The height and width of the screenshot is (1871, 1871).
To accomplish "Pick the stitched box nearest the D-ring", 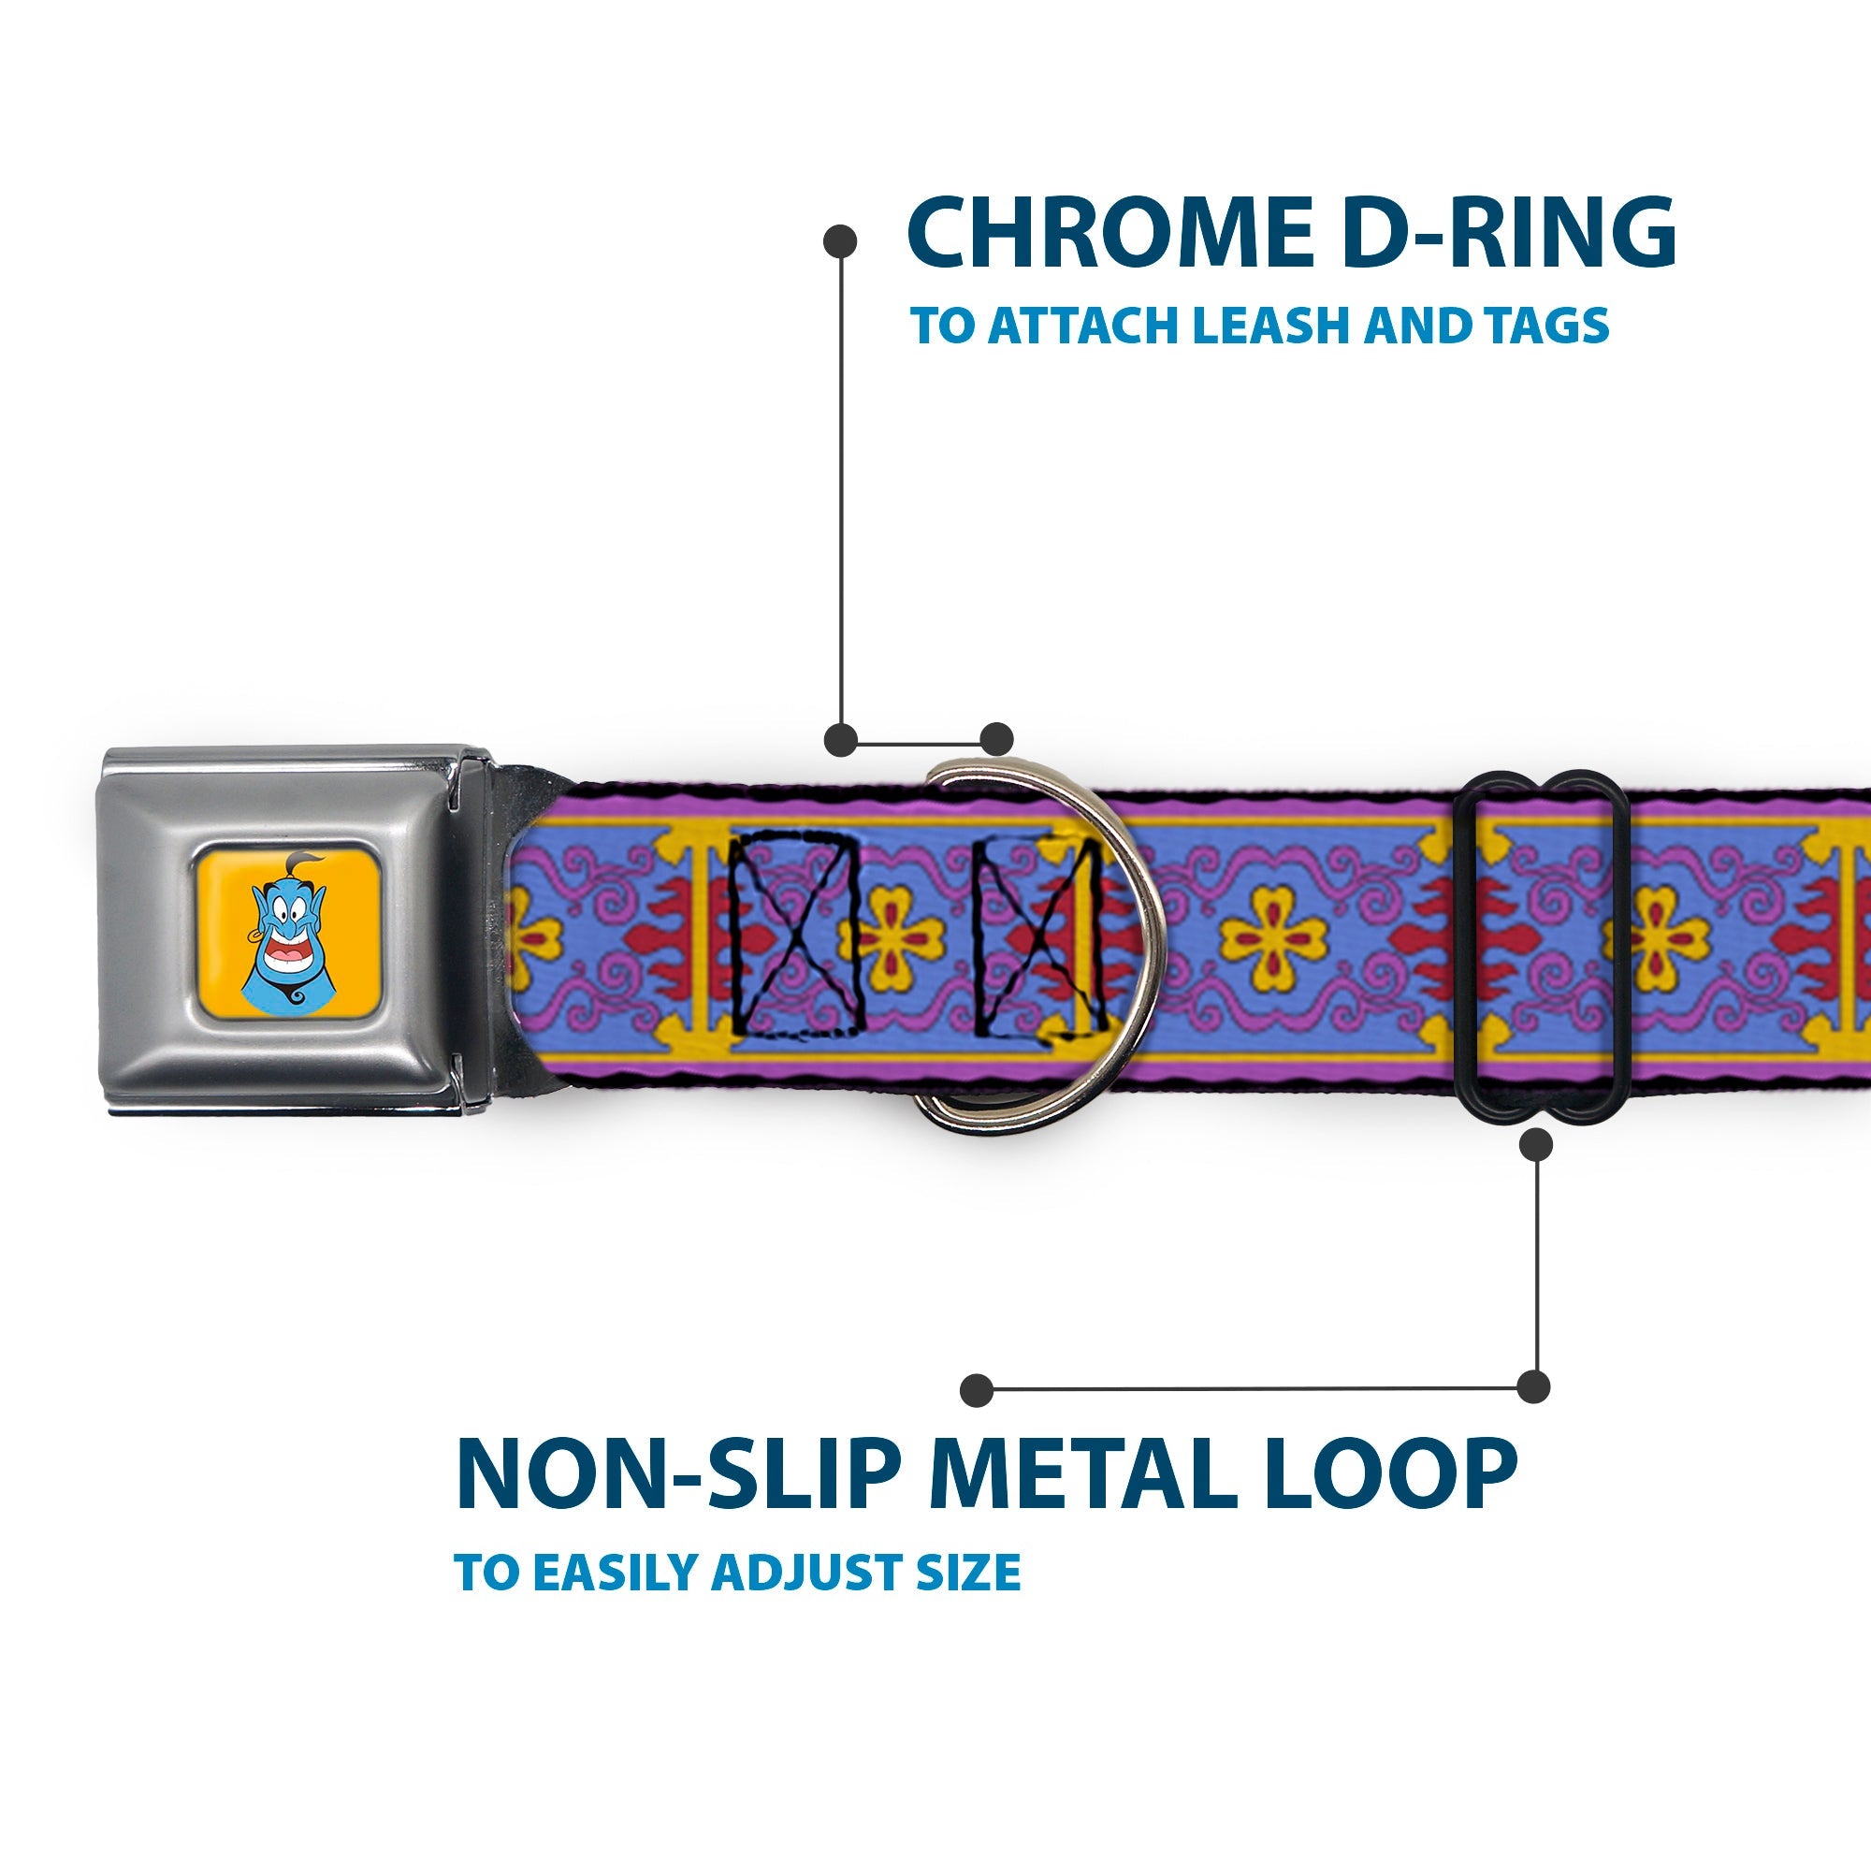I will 1038,939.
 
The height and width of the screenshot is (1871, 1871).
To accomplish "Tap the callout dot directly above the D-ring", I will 996,739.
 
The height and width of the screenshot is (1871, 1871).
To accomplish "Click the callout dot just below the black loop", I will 1536,1146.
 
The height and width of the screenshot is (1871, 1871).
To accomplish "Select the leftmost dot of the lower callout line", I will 978,1390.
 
